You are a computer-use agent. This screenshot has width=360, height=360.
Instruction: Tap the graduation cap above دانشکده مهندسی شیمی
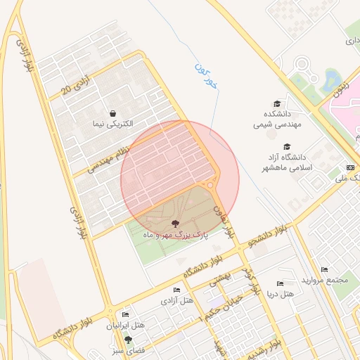click(x=277, y=103)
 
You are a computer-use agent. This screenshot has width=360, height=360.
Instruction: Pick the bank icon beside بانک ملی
click(x=350, y=167)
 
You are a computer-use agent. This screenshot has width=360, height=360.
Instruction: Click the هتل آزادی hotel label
click(x=177, y=300)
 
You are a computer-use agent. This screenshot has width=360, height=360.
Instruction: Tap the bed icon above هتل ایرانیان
click(x=125, y=314)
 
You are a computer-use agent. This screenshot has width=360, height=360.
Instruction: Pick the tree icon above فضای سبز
click(x=128, y=339)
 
